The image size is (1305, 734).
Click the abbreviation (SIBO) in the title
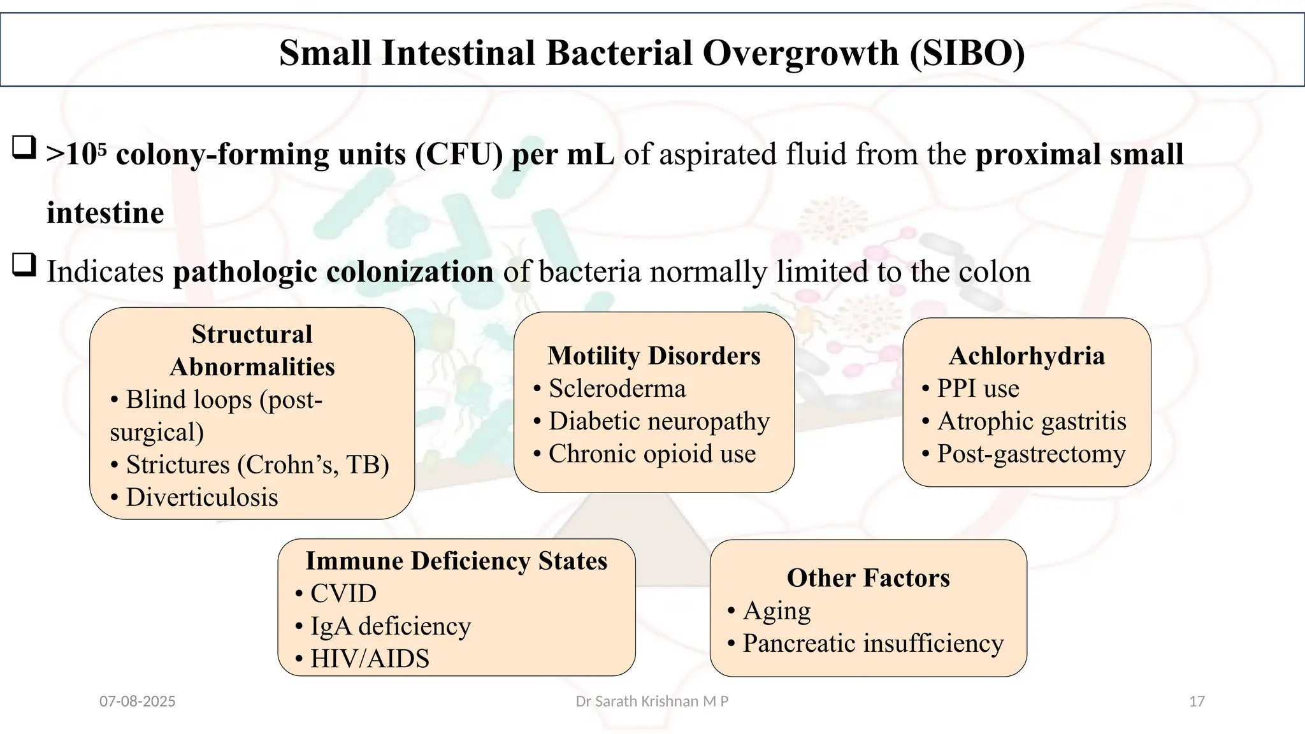[x=967, y=53]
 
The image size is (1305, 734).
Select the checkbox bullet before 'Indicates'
[x=24, y=264]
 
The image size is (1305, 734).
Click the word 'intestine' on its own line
[x=105, y=213]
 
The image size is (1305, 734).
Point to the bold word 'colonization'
[x=410, y=272]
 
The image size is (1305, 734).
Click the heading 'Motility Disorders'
[x=654, y=356]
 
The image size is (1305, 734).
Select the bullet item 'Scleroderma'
[x=617, y=389]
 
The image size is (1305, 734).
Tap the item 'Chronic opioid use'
[x=651, y=454]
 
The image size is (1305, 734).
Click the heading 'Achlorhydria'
[x=1027, y=356]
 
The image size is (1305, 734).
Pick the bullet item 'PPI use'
[x=977, y=389]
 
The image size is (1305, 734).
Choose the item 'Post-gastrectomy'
[x=1030, y=454]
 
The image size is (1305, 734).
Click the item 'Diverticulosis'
[x=201, y=498]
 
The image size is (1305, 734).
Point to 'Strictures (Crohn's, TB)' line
[x=257, y=465]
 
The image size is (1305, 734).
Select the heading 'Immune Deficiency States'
[x=456, y=561]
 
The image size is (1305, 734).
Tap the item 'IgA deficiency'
[x=390, y=626]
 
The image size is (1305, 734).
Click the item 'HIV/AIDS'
[x=370, y=659]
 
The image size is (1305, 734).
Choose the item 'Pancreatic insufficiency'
[x=872, y=644]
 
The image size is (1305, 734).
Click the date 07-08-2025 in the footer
[x=138, y=702]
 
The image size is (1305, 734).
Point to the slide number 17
[x=1197, y=702]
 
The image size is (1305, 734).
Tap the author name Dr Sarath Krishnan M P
[x=652, y=702]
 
